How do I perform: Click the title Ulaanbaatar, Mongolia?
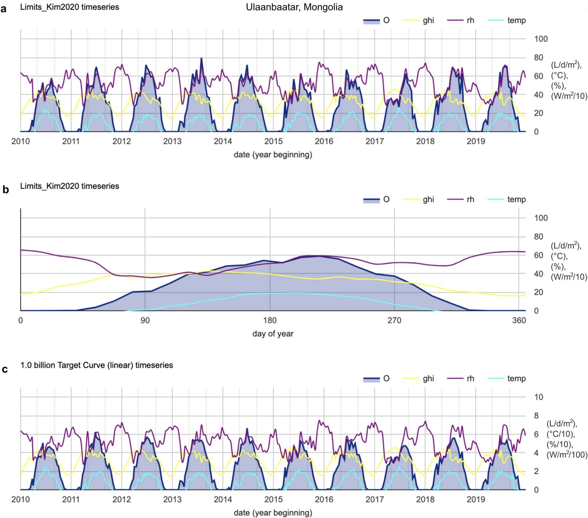pyautogui.click(x=294, y=7)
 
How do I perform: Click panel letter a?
pyautogui.click(x=4, y=9)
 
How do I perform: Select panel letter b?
pyautogui.click(x=5, y=189)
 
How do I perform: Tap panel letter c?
pyautogui.click(x=5, y=369)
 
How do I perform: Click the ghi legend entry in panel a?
pyautogui.click(x=428, y=20)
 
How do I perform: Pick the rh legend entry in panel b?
pyautogui.click(x=470, y=199)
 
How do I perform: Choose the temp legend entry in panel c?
pyautogui.click(x=516, y=378)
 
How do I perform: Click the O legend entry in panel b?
pyautogui.click(x=386, y=199)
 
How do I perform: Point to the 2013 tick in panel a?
pyautogui.click(x=172, y=141)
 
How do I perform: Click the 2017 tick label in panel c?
pyautogui.click(x=374, y=499)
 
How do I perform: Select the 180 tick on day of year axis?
pyautogui.click(x=270, y=320)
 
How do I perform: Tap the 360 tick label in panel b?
pyautogui.click(x=519, y=320)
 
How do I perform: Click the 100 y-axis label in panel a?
pyautogui.click(x=540, y=39)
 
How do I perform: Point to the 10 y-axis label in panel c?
pyautogui.click(x=538, y=397)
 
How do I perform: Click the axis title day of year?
pyautogui.click(x=273, y=334)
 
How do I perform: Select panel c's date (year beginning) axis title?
pyautogui.click(x=273, y=513)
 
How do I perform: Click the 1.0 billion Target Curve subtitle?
pyautogui.click(x=96, y=365)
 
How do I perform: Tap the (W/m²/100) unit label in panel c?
pyautogui.click(x=567, y=455)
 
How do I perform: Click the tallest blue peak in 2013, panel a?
pyautogui.click(x=201, y=59)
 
